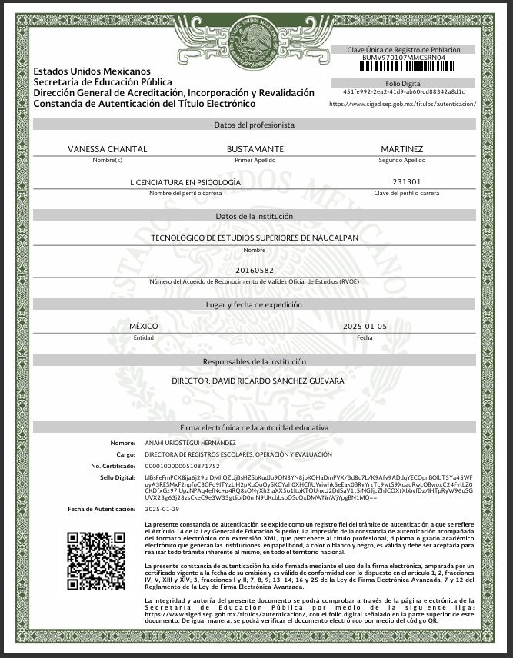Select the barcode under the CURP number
(x=403, y=67)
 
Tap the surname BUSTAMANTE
(x=255, y=148)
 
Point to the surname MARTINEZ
(x=401, y=148)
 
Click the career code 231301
(x=405, y=182)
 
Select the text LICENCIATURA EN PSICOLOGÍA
(x=185, y=182)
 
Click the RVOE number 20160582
(x=255, y=271)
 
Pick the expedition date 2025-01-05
(x=365, y=327)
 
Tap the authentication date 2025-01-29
(x=162, y=509)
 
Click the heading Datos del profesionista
(x=255, y=125)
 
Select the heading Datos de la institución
(x=255, y=216)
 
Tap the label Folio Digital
(x=403, y=82)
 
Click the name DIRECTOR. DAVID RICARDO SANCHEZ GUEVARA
(x=258, y=381)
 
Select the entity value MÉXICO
(x=144, y=327)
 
